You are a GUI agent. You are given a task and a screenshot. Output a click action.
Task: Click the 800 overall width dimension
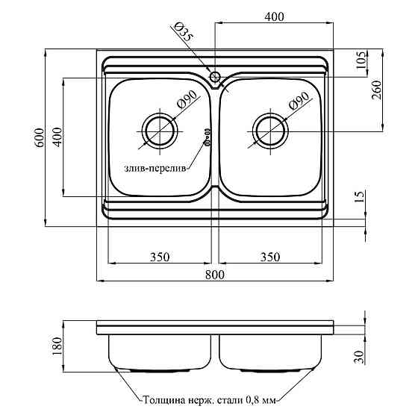(x=215, y=275)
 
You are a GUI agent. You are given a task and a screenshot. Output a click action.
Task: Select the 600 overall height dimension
(x=40, y=138)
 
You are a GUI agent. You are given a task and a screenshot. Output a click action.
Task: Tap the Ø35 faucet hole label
(x=183, y=31)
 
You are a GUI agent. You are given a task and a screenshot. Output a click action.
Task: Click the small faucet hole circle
(x=215, y=77)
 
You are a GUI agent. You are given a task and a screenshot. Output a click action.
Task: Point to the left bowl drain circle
(x=160, y=131)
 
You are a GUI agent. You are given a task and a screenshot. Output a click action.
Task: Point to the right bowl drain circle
(x=270, y=131)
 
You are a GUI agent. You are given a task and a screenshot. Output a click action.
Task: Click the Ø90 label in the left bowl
(x=187, y=100)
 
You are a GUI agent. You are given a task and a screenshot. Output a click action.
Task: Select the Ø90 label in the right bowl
(x=299, y=101)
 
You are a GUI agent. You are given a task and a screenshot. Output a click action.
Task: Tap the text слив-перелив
(x=155, y=169)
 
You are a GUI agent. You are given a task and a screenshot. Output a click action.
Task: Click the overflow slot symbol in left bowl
(x=207, y=137)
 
